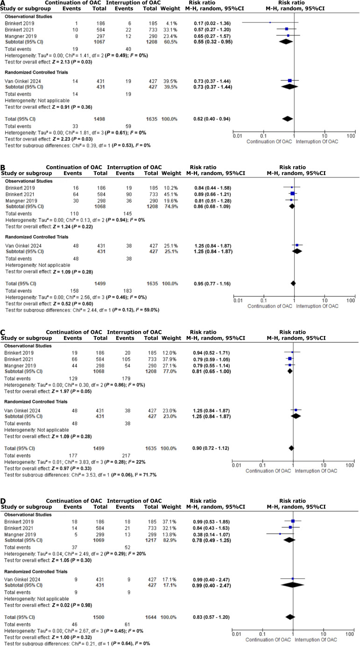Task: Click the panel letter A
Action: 4,3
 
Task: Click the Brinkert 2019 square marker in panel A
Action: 270,22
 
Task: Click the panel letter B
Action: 4,167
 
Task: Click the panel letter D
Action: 4,498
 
